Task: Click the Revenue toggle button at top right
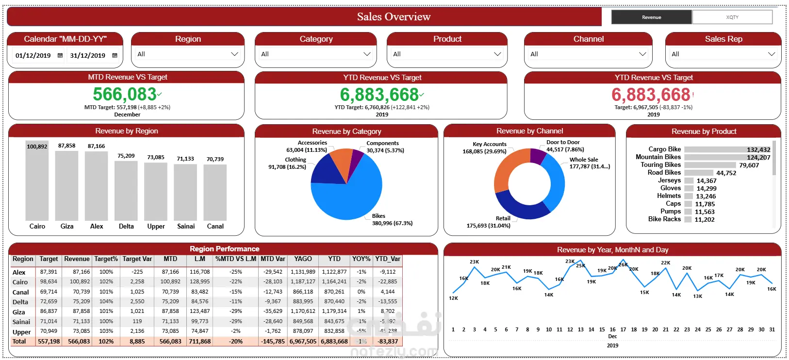click(651, 17)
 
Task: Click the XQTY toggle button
click(732, 17)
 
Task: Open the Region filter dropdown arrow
click(234, 54)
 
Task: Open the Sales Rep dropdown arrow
click(772, 54)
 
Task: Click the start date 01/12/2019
click(33, 55)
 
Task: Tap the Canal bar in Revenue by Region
click(215, 193)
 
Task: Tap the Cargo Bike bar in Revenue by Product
click(727, 149)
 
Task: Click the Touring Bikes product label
click(660, 165)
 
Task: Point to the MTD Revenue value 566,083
click(125, 94)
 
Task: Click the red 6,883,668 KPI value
click(651, 95)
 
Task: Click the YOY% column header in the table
click(361, 259)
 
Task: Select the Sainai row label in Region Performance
click(21, 322)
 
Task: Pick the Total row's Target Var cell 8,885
click(137, 342)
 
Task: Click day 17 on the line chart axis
click(623, 329)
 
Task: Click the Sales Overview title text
click(394, 16)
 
